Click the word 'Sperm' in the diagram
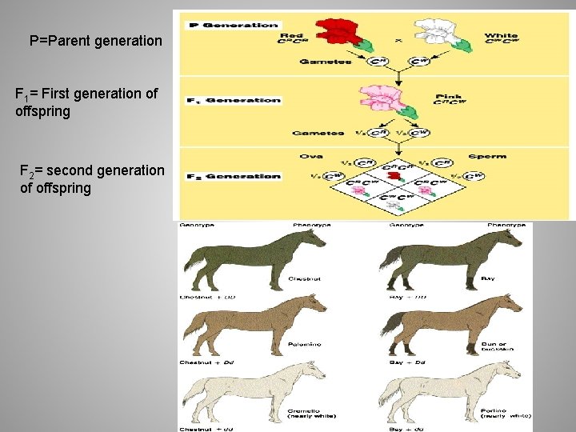[x=487, y=156]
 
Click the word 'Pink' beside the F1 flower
[x=449, y=98]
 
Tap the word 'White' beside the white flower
[x=501, y=35]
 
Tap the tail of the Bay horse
[x=386, y=262]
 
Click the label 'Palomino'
[x=301, y=343]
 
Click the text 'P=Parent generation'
[x=95, y=40]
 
